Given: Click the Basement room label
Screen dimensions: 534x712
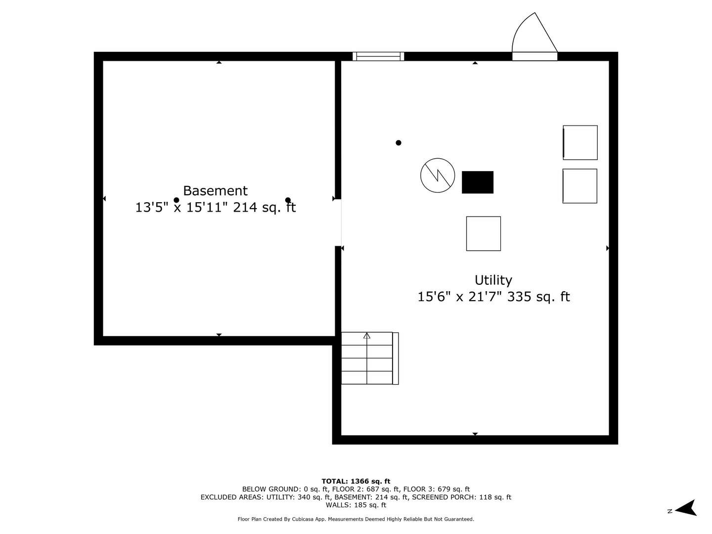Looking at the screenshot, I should pyautogui.click(x=215, y=191).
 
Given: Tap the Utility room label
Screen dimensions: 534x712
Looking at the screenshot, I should pyautogui.click(x=493, y=280).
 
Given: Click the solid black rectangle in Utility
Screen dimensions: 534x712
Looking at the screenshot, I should pyautogui.click(x=477, y=182).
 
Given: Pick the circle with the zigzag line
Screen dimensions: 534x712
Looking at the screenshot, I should pyautogui.click(x=438, y=176).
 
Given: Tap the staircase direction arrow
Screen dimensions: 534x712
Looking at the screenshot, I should pyautogui.click(x=367, y=336).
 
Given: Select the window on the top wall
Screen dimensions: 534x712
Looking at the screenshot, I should pyautogui.click(x=378, y=56).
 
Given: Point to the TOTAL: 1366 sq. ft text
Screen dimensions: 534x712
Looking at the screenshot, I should pyautogui.click(x=356, y=481).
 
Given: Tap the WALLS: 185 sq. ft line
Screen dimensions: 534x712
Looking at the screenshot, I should pyautogui.click(x=356, y=505).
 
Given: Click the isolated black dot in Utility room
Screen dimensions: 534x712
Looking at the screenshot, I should pyautogui.click(x=399, y=143).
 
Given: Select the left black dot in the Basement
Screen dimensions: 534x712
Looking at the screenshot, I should pyautogui.click(x=177, y=200).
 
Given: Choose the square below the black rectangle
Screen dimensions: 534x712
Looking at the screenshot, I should pyautogui.click(x=483, y=233).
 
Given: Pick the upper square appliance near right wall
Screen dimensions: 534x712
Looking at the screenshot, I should pyautogui.click(x=580, y=142).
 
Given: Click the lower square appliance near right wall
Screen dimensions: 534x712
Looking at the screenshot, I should pyautogui.click(x=579, y=186).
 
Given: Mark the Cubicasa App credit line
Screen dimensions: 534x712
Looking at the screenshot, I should pyautogui.click(x=356, y=519).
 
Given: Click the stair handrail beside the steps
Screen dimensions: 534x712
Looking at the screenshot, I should pyautogui.click(x=396, y=358).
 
